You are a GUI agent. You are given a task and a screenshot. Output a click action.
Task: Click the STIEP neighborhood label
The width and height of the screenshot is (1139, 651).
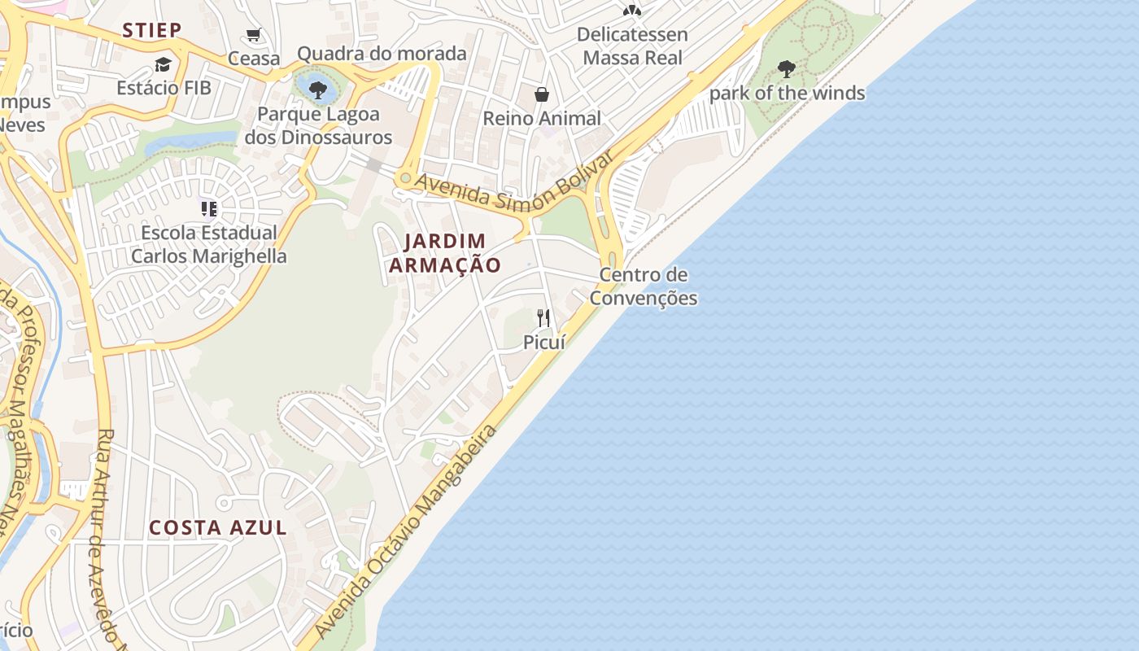click(x=151, y=31)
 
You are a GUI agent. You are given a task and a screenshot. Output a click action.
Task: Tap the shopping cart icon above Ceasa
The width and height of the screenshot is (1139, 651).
click(x=254, y=35)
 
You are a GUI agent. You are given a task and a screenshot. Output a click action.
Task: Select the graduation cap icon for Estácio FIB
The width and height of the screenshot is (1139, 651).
click(x=164, y=64)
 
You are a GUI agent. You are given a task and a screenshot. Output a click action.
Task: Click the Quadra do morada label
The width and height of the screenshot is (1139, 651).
click(x=382, y=54)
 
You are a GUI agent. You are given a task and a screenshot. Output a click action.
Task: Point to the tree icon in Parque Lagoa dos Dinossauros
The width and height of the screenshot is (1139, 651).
click(x=318, y=90)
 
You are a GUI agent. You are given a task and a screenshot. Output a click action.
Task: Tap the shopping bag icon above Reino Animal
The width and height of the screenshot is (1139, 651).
click(x=542, y=95)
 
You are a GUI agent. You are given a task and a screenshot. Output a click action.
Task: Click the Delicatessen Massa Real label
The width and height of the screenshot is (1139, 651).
click(x=632, y=46)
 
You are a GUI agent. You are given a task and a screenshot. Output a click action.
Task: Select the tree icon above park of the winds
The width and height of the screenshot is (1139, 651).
click(x=786, y=69)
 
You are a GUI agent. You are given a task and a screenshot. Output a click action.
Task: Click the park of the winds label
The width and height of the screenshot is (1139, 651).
click(x=787, y=94)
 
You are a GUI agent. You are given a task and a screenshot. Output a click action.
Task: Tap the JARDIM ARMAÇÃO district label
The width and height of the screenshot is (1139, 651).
click(x=445, y=253)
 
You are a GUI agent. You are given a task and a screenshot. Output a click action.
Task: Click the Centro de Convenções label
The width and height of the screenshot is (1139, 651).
click(x=644, y=286)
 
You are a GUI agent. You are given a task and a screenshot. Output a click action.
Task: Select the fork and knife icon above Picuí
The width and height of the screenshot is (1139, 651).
click(x=543, y=318)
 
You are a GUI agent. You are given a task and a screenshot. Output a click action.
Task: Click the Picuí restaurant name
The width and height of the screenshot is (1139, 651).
click(x=543, y=343)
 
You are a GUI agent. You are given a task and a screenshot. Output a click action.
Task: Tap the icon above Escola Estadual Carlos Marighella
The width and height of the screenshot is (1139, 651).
click(x=209, y=210)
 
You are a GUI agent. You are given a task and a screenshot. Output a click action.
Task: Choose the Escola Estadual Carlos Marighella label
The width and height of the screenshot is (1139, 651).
click(x=209, y=244)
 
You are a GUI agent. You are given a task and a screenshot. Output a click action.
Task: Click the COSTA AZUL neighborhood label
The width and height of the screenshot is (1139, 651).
click(x=218, y=527)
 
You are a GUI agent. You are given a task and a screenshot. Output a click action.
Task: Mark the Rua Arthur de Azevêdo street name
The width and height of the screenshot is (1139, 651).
click(x=110, y=537)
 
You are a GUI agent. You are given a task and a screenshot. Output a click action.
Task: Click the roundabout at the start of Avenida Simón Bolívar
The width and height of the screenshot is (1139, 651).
click(x=404, y=177)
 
